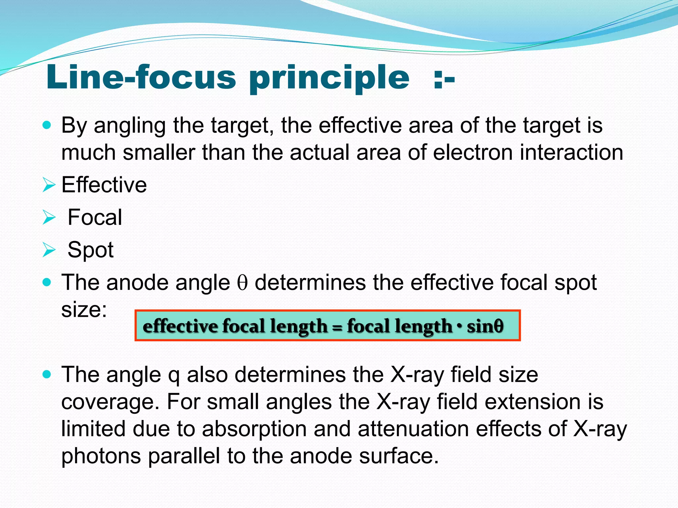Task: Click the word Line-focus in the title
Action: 141,78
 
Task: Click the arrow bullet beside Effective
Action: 49,185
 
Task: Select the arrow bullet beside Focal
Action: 49,218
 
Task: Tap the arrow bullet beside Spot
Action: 49,250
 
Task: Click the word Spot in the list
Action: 90,250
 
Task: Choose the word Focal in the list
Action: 95,217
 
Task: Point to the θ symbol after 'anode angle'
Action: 242,283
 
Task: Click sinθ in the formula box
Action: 485,326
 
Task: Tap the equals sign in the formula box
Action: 337,327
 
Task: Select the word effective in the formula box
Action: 180,326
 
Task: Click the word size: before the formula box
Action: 84,310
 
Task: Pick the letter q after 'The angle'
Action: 174,376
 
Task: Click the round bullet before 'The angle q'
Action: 47,375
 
